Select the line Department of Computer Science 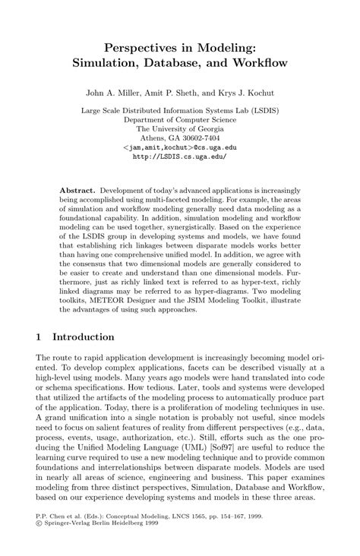[180, 119]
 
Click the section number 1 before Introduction [39, 336]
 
